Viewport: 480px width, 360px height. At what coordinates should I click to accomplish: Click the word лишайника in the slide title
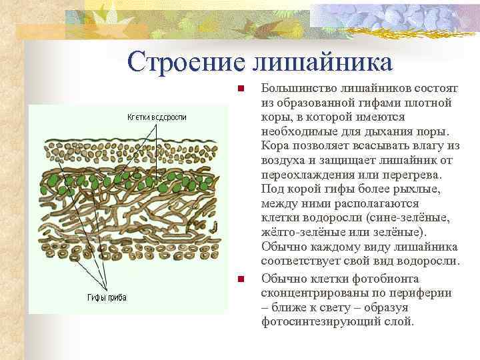[x=322, y=62]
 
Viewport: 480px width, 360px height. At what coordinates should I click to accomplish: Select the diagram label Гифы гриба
[x=107, y=297]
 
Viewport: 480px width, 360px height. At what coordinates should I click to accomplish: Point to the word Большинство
[x=299, y=88]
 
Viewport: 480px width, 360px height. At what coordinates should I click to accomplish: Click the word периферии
[x=421, y=293]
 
